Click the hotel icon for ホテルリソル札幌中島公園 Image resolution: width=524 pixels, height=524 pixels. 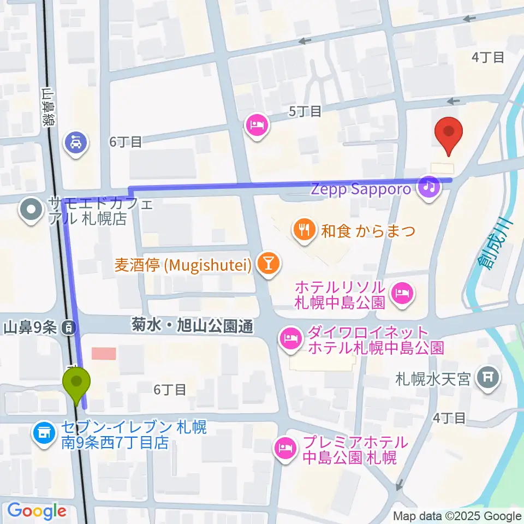click(402, 294)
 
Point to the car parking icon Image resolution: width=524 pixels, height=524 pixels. click(75, 144)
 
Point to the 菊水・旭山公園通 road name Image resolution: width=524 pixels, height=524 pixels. click(192, 327)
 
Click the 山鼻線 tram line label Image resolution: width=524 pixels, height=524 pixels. click(50, 108)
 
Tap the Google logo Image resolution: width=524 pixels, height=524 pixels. click(36, 511)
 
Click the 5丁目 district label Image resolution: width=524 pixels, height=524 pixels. click(305, 111)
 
